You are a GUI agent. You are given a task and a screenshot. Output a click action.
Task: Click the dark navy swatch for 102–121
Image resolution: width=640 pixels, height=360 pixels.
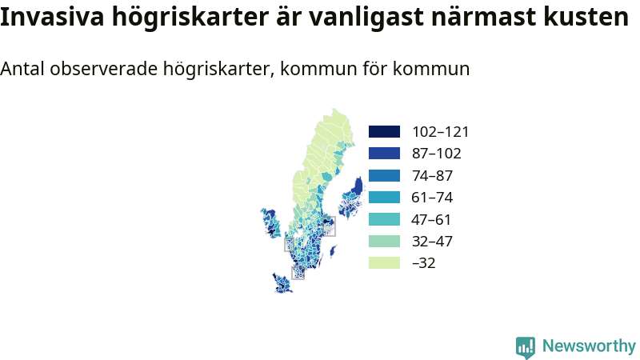pos(384,131)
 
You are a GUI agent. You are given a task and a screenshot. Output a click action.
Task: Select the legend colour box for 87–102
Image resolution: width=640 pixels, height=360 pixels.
pos(384,154)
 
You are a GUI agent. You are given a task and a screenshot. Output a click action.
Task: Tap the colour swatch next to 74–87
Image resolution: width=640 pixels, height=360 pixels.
pos(384,175)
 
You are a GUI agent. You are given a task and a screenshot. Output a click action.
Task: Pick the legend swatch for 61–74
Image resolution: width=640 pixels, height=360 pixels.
pos(384,197)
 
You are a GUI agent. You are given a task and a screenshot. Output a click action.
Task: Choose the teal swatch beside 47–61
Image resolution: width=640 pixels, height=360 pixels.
pos(384,219)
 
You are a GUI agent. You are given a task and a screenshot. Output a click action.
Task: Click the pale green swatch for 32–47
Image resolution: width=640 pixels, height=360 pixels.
pos(384,242)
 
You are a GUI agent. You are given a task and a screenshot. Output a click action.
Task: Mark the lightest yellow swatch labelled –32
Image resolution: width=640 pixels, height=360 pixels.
pos(384,263)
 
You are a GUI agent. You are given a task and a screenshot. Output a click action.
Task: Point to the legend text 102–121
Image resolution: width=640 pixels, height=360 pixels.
pos(441,132)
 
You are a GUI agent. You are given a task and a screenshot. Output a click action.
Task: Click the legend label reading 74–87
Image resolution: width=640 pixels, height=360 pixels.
pos(432,175)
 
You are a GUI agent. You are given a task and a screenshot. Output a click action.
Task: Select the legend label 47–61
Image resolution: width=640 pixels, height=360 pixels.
pos(431,219)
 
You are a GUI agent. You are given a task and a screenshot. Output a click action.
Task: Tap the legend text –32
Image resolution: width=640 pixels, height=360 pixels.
pos(424,263)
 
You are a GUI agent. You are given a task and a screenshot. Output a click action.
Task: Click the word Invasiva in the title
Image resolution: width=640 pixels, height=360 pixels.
pos(52,17)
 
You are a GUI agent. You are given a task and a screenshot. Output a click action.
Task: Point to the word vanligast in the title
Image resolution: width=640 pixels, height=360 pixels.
pos(366,17)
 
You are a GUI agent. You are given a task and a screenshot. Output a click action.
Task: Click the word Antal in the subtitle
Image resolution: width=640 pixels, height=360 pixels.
pos(22,69)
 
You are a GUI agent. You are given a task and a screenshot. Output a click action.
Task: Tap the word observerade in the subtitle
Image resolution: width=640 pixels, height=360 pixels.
pos(104,69)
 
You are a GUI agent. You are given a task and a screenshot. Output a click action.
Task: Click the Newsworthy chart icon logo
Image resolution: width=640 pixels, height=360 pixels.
pos(526,347)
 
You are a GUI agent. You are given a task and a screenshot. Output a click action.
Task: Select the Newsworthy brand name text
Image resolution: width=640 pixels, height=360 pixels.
pos(589,346)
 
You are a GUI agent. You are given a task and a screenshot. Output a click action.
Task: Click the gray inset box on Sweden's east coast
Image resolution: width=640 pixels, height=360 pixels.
pos(330,226)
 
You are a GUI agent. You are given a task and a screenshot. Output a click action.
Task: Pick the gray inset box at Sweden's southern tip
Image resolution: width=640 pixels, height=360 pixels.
pos(298,273)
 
